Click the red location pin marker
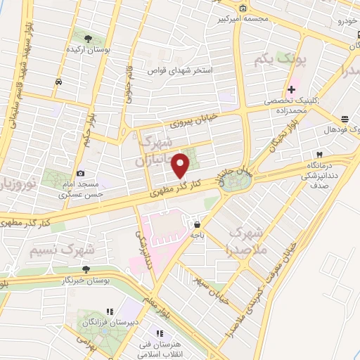(x=181, y=165)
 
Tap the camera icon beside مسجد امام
(x=81, y=173)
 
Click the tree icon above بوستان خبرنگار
(x=86, y=269)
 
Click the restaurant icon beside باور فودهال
(x=344, y=119)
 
